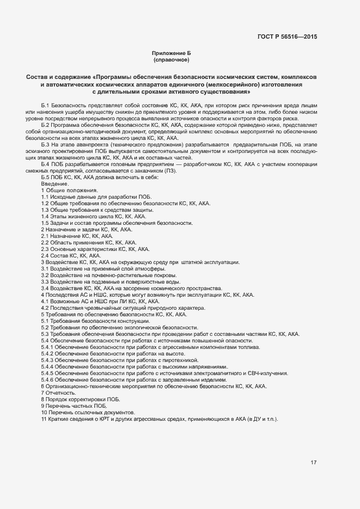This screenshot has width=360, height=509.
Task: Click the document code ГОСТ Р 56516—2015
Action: click(287, 37)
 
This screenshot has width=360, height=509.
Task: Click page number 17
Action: click(314, 463)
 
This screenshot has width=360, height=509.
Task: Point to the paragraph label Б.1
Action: click(46, 104)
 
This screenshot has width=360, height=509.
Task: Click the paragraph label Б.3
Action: click(46, 144)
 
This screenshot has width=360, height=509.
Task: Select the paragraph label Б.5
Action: click(46, 178)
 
